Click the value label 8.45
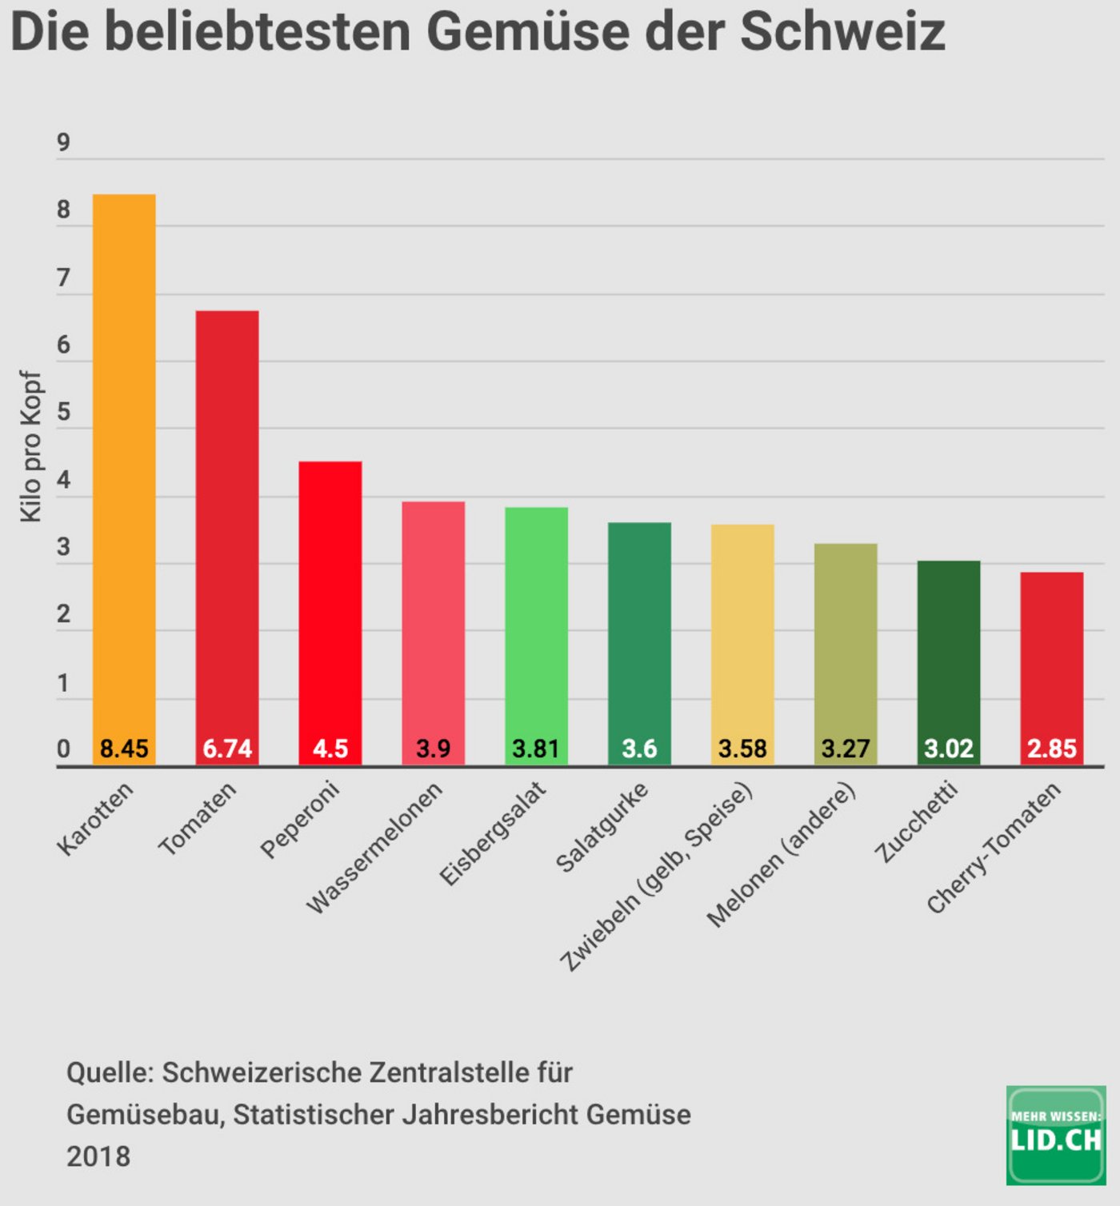point(124,749)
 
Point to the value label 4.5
point(330,749)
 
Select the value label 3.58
point(742,749)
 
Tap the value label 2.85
point(1052,749)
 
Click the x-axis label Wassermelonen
point(374,848)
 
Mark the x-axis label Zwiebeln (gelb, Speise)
point(656,877)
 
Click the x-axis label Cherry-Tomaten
point(994,848)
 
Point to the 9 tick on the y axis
point(63,143)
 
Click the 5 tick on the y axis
point(63,413)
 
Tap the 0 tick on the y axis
point(63,749)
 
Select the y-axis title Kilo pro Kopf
point(30,446)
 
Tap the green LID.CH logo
point(1056,1135)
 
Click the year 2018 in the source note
point(98,1156)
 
